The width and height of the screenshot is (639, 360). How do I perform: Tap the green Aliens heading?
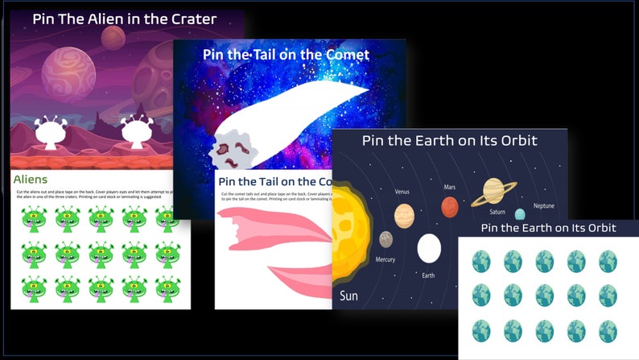[31, 180]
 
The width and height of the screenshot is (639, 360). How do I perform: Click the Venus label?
[402, 192]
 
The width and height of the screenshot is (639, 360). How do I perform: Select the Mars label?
[450, 187]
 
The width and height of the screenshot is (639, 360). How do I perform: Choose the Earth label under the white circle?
[428, 275]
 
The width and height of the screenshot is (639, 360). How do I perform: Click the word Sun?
[349, 296]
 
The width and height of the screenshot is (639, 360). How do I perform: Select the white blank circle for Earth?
[429, 248]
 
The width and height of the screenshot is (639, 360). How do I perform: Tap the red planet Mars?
[450, 207]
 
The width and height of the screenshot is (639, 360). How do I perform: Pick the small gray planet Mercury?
[386, 239]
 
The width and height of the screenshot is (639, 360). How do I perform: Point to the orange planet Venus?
[404, 215]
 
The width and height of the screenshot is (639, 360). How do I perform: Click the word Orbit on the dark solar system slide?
[516, 141]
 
